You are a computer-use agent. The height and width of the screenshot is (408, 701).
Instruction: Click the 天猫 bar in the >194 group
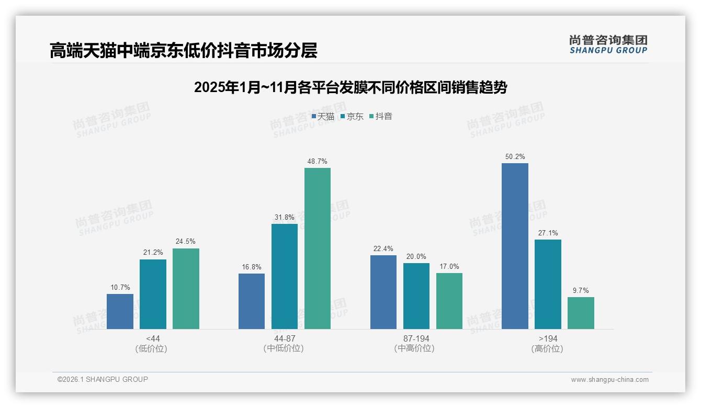tap(515, 246)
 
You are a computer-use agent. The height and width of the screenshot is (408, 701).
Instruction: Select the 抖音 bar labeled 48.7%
tap(318, 248)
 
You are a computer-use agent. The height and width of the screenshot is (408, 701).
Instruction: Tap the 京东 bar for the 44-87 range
tap(285, 276)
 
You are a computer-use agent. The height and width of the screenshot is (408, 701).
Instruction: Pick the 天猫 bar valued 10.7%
tap(120, 311)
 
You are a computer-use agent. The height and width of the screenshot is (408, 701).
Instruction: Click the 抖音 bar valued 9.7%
tap(581, 313)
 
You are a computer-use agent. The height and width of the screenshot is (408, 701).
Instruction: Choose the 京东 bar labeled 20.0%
tap(416, 296)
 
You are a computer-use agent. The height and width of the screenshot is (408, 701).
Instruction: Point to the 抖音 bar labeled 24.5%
tap(186, 289)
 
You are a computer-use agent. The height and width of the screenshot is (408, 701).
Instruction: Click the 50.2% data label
tap(515, 157)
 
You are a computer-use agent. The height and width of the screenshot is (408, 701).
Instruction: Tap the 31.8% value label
tap(285, 218)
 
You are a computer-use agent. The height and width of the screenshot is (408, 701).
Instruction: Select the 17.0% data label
tap(449, 267)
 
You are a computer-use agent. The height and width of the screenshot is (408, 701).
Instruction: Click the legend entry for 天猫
tap(323, 117)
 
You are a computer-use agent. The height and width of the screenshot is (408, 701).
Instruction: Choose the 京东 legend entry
tap(352, 117)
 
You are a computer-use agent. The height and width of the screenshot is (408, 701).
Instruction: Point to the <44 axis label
tap(153, 338)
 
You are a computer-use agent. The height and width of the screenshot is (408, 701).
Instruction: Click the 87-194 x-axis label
tap(416, 338)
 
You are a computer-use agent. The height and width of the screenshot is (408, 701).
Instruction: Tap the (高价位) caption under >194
tap(548, 349)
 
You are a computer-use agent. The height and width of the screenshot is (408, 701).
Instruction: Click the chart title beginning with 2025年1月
tap(350, 87)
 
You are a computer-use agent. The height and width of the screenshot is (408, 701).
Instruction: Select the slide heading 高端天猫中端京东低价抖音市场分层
tap(184, 51)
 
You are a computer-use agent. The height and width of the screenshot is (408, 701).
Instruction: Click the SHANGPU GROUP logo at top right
tap(608, 44)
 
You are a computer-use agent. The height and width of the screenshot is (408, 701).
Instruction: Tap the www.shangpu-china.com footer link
tap(609, 380)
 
